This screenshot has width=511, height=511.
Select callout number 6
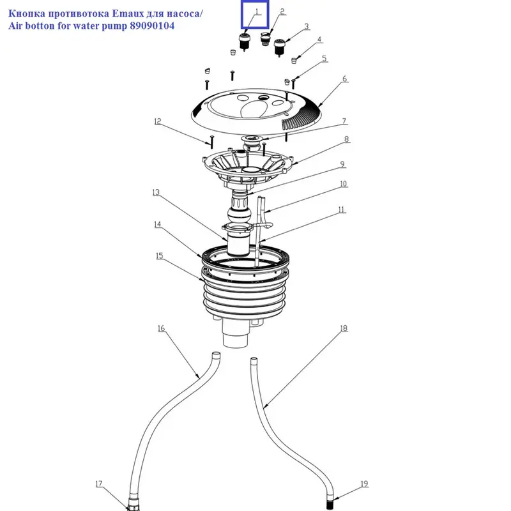(344, 79)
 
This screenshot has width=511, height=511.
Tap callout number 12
(158, 121)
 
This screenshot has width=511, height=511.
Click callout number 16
(161, 329)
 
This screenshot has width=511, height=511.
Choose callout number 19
(363, 484)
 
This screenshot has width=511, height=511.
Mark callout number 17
(99, 484)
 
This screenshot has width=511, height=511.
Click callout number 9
(342, 164)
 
